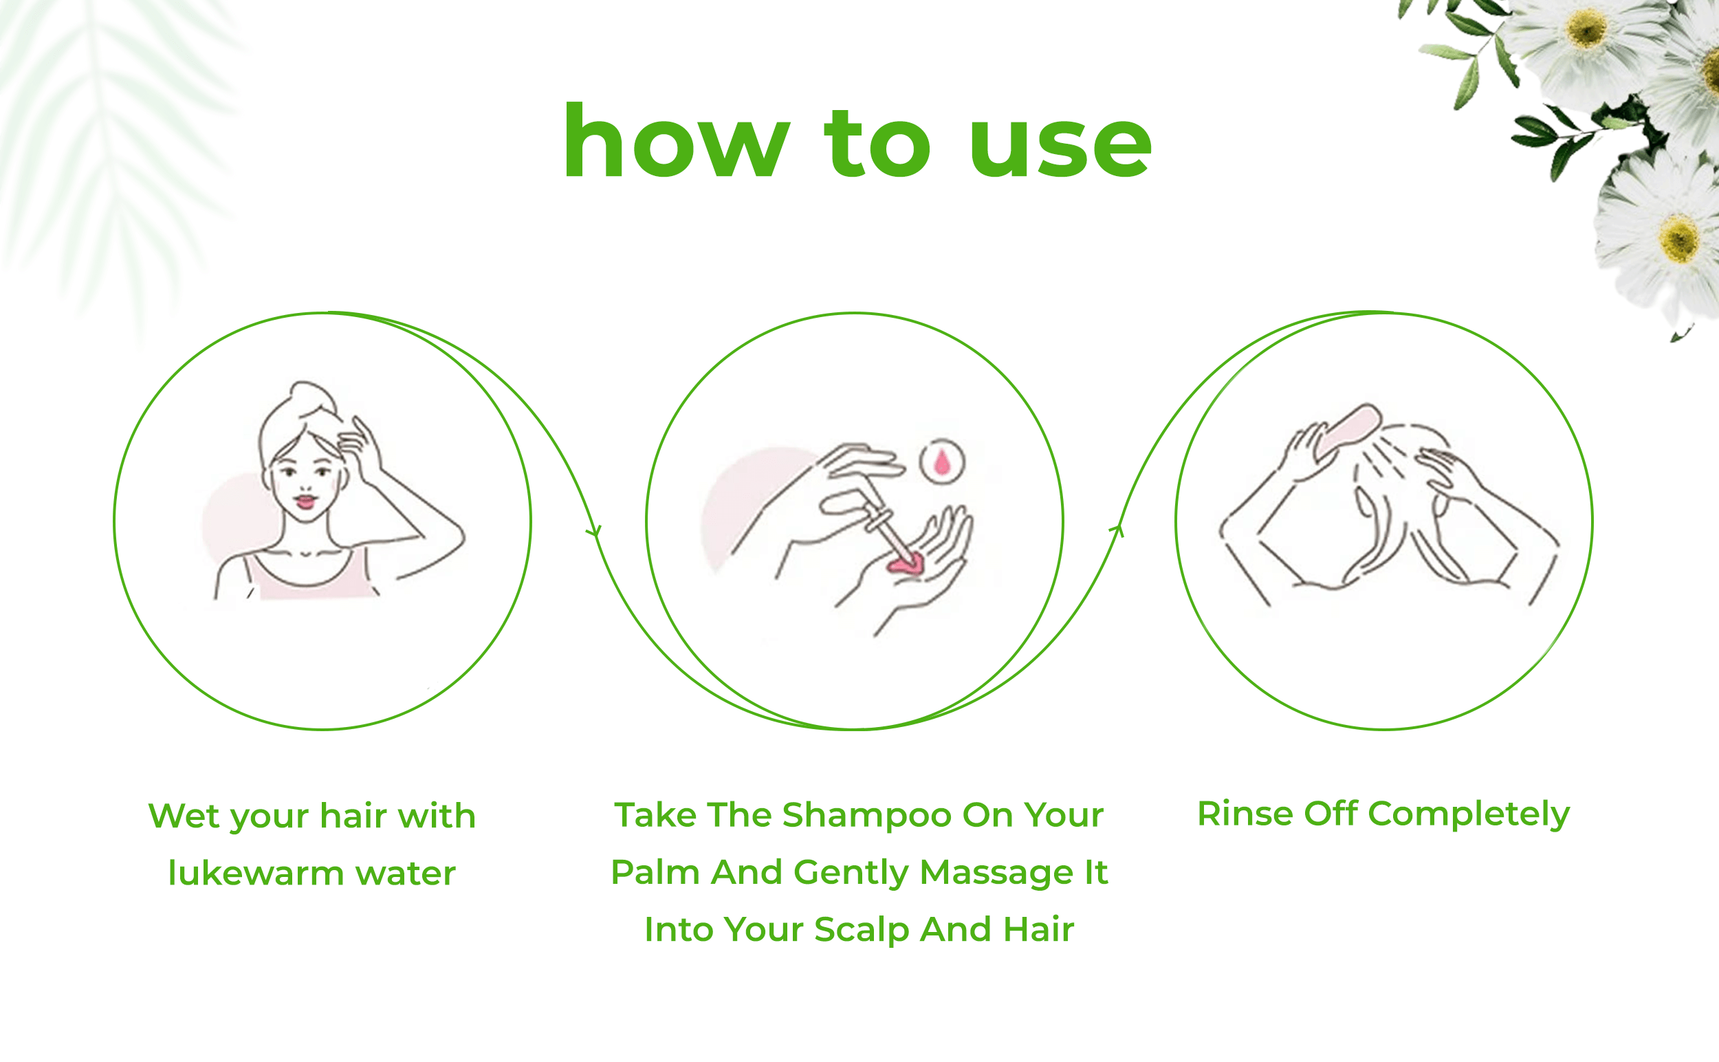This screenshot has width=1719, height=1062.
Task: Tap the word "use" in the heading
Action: coord(1060,145)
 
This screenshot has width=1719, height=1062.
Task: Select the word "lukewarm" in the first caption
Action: coord(256,873)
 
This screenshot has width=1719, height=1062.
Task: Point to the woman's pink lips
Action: coord(305,501)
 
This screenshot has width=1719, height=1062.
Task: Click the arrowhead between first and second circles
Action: coord(594,532)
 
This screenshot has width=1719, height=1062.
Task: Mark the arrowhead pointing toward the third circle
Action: coord(1117,530)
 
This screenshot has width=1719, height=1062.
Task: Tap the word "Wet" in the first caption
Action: coord(184,816)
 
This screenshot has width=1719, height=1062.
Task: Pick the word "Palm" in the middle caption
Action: coord(656,874)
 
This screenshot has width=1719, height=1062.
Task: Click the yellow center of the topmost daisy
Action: coord(1587,30)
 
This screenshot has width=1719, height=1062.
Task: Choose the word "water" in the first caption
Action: coord(405,874)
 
